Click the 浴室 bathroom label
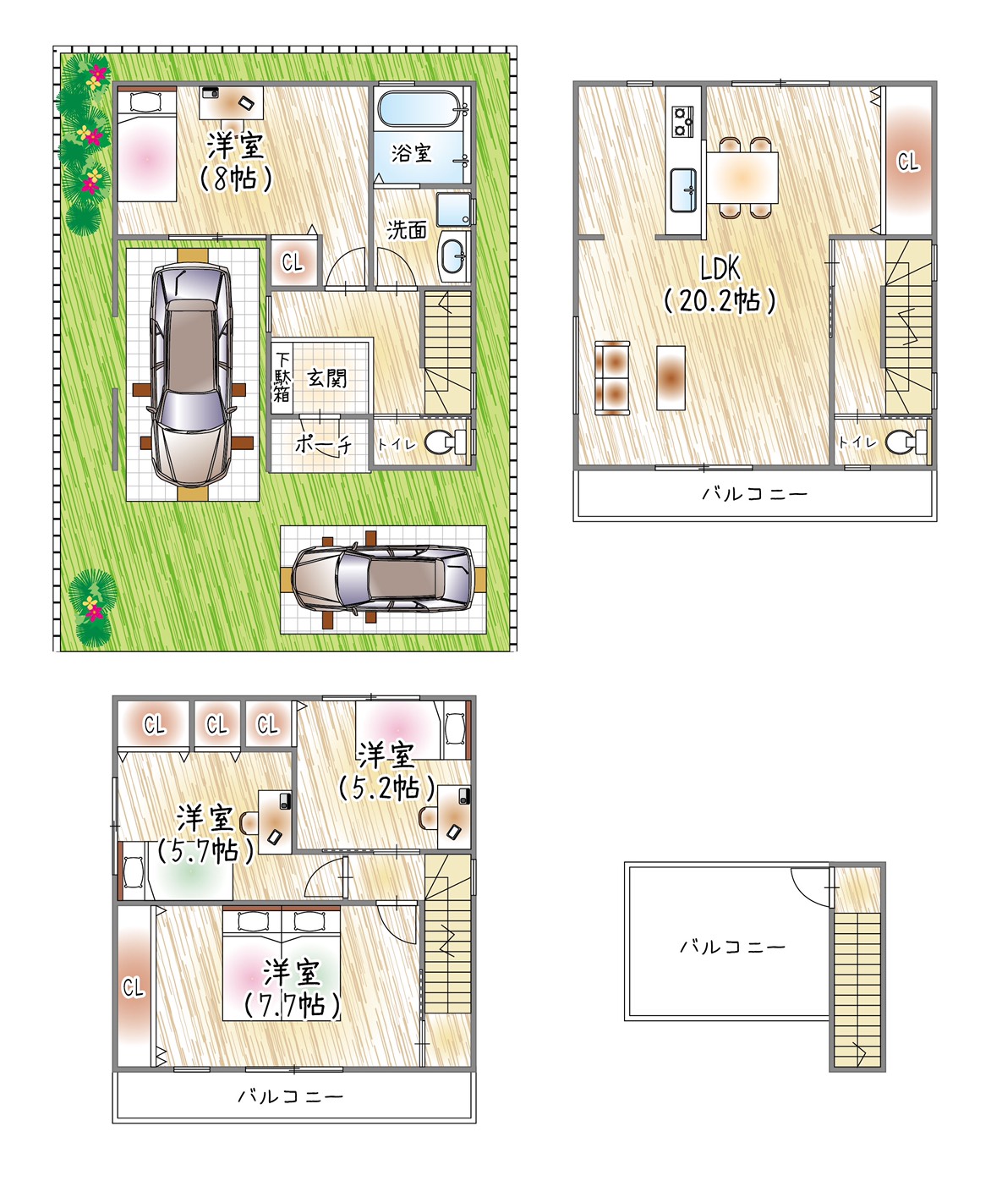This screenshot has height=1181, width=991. pos(412,153)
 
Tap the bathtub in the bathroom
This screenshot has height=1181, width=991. pos(419,107)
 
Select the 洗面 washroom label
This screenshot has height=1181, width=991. pos(407,230)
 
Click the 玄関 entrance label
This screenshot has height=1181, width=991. pos(326,378)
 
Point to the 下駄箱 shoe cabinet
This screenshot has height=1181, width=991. pos(282,376)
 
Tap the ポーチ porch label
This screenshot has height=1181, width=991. pos(323,445)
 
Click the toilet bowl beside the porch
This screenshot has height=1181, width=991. pos(442,442)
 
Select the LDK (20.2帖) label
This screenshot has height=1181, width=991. pos(720,284)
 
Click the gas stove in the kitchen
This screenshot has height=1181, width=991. pos(682,122)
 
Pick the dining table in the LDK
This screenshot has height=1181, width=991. pos(742,177)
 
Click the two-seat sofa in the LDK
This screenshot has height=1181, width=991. pos(612,378)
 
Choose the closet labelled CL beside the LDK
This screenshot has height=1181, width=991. pos(908,161)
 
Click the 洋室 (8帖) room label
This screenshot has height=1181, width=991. pos(236,162)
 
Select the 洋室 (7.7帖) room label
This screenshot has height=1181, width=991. pos(293,989)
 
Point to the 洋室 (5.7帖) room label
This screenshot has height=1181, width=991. pos(205,834)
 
